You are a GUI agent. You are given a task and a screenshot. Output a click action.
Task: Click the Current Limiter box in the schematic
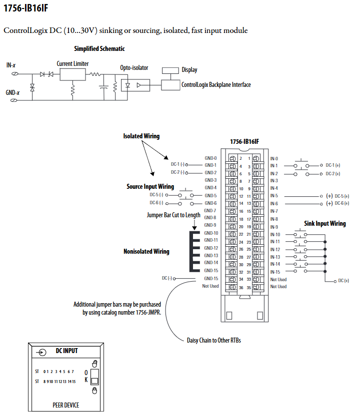coord(72,74)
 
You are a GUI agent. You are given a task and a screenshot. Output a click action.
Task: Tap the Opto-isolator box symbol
coord(135,85)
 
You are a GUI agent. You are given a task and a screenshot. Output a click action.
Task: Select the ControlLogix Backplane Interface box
coord(170,85)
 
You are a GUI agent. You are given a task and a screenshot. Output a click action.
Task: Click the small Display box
coord(170,70)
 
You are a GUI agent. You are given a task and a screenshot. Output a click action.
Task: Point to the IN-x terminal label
coord(11,65)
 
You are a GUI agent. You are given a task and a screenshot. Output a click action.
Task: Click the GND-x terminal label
coord(12,93)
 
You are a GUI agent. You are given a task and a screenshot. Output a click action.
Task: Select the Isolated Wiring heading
coord(141,136)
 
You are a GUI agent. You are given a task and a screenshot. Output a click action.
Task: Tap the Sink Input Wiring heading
coord(325,224)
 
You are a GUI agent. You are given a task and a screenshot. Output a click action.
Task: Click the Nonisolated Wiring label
coord(146,251)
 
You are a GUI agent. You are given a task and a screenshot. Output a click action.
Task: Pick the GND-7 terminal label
coord(210,211)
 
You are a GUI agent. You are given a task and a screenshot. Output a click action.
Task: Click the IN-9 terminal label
coord(274,227)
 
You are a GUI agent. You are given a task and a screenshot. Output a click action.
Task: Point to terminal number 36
coord(241,288)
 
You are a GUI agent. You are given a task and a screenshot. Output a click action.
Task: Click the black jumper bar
coord(194,252)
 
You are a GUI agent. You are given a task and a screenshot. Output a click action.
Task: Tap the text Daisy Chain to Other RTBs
coord(214,340)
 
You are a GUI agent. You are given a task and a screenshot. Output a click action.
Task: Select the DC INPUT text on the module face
coord(66,351)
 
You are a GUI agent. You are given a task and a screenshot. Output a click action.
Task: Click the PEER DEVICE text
coord(66,406)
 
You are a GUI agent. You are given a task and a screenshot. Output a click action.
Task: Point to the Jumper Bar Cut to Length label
coord(173,215)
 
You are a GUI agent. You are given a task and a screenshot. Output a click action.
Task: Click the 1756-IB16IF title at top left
coord(25,8)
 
